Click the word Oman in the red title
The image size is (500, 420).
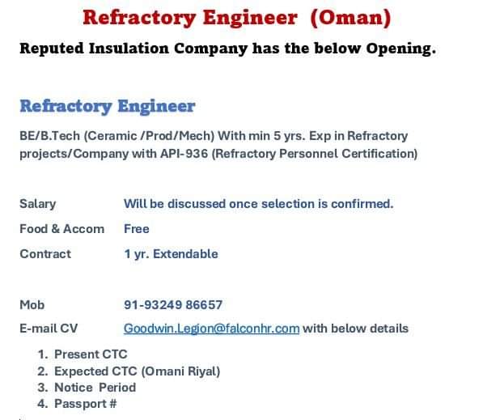coord(350,17)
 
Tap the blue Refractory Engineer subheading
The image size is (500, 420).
coord(108,107)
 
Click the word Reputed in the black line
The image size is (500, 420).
coord(52,49)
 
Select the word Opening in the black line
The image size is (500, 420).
coord(400,49)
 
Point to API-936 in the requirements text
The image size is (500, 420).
coord(184,154)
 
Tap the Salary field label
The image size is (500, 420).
coord(38,204)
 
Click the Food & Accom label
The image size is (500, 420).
coord(61,229)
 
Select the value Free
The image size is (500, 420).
coord(137,229)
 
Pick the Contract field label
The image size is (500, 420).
coord(45,254)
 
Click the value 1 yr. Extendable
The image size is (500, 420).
coord(172,254)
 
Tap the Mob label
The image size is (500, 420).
coord(32,305)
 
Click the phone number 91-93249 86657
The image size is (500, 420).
coord(173,305)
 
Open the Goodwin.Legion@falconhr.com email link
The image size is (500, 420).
coord(212,329)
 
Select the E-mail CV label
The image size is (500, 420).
coord(49,329)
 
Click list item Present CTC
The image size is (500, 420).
coord(91,354)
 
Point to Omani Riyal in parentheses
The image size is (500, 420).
coord(180,371)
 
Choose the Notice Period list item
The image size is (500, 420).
coord(95,388)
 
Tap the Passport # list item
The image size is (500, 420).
coord(86,404)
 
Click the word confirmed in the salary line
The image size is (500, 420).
coord(362,204)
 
